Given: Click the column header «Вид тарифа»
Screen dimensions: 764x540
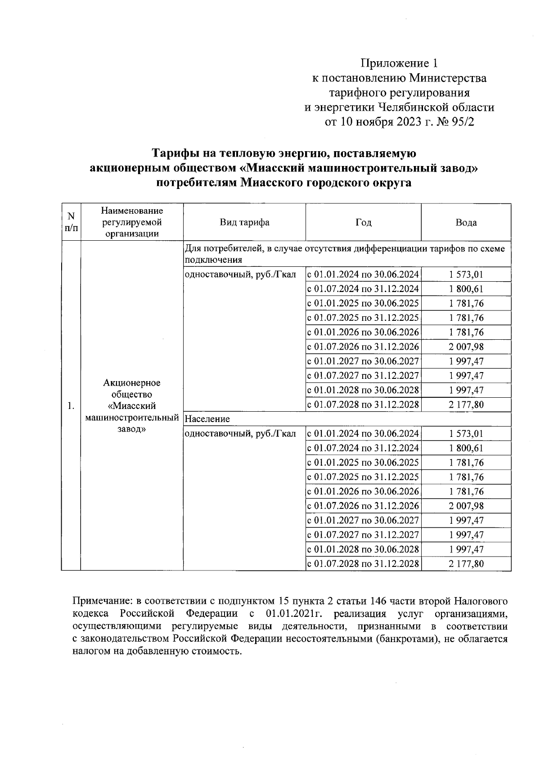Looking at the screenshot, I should [244, 222].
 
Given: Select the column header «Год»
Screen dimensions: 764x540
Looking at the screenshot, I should [363, 222].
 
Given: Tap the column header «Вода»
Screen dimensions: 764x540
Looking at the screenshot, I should [466, 222].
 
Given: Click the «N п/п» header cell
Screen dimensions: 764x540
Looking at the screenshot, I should [71, 222].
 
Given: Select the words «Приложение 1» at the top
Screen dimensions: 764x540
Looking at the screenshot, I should [399, 63].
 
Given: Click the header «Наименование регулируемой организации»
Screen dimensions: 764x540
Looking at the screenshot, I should [132, 222].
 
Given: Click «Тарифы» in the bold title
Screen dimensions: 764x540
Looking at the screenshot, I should [173, 153].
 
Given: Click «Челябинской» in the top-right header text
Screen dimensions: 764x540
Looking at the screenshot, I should [418, 108].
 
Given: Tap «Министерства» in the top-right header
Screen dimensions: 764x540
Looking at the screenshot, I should [447, 78].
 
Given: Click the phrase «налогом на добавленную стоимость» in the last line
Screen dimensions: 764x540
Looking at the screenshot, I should [157, 652].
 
